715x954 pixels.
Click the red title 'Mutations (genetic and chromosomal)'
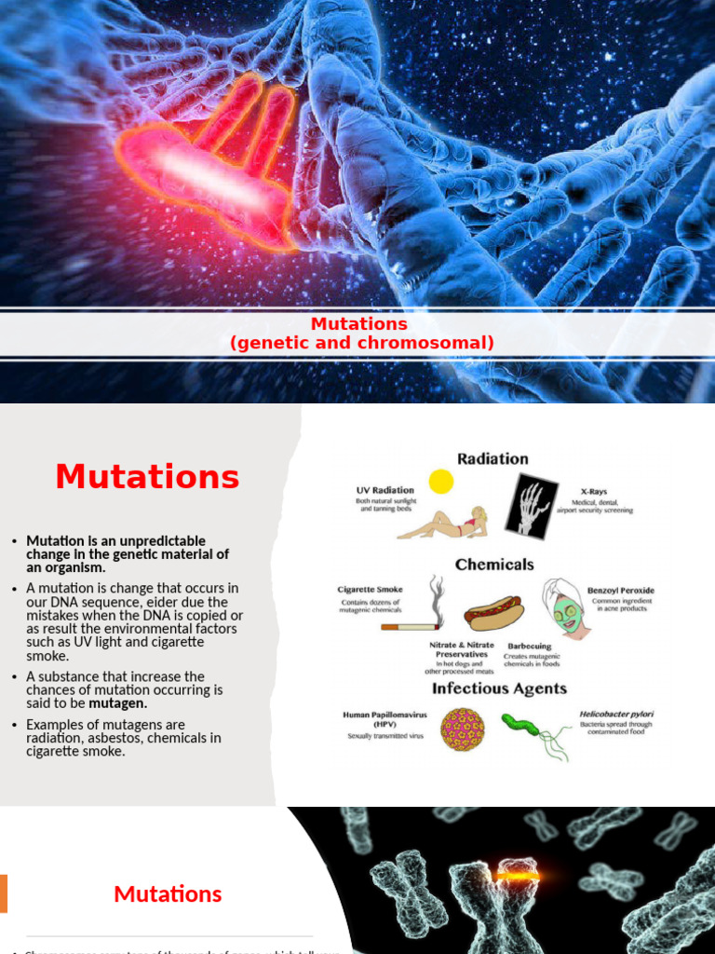coord(361,334)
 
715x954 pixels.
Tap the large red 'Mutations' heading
coord(147,477)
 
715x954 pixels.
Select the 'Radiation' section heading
coord(492,458)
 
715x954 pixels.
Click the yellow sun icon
coord(440,481)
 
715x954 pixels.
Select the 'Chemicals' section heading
coord(494,564)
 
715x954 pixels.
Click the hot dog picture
coord(493,613)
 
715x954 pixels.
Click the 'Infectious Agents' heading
coord(498,688)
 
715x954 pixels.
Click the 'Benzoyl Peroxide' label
coord(620,590)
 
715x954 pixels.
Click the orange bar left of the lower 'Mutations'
coord(4,893)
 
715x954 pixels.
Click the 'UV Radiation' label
coord(384,490)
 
